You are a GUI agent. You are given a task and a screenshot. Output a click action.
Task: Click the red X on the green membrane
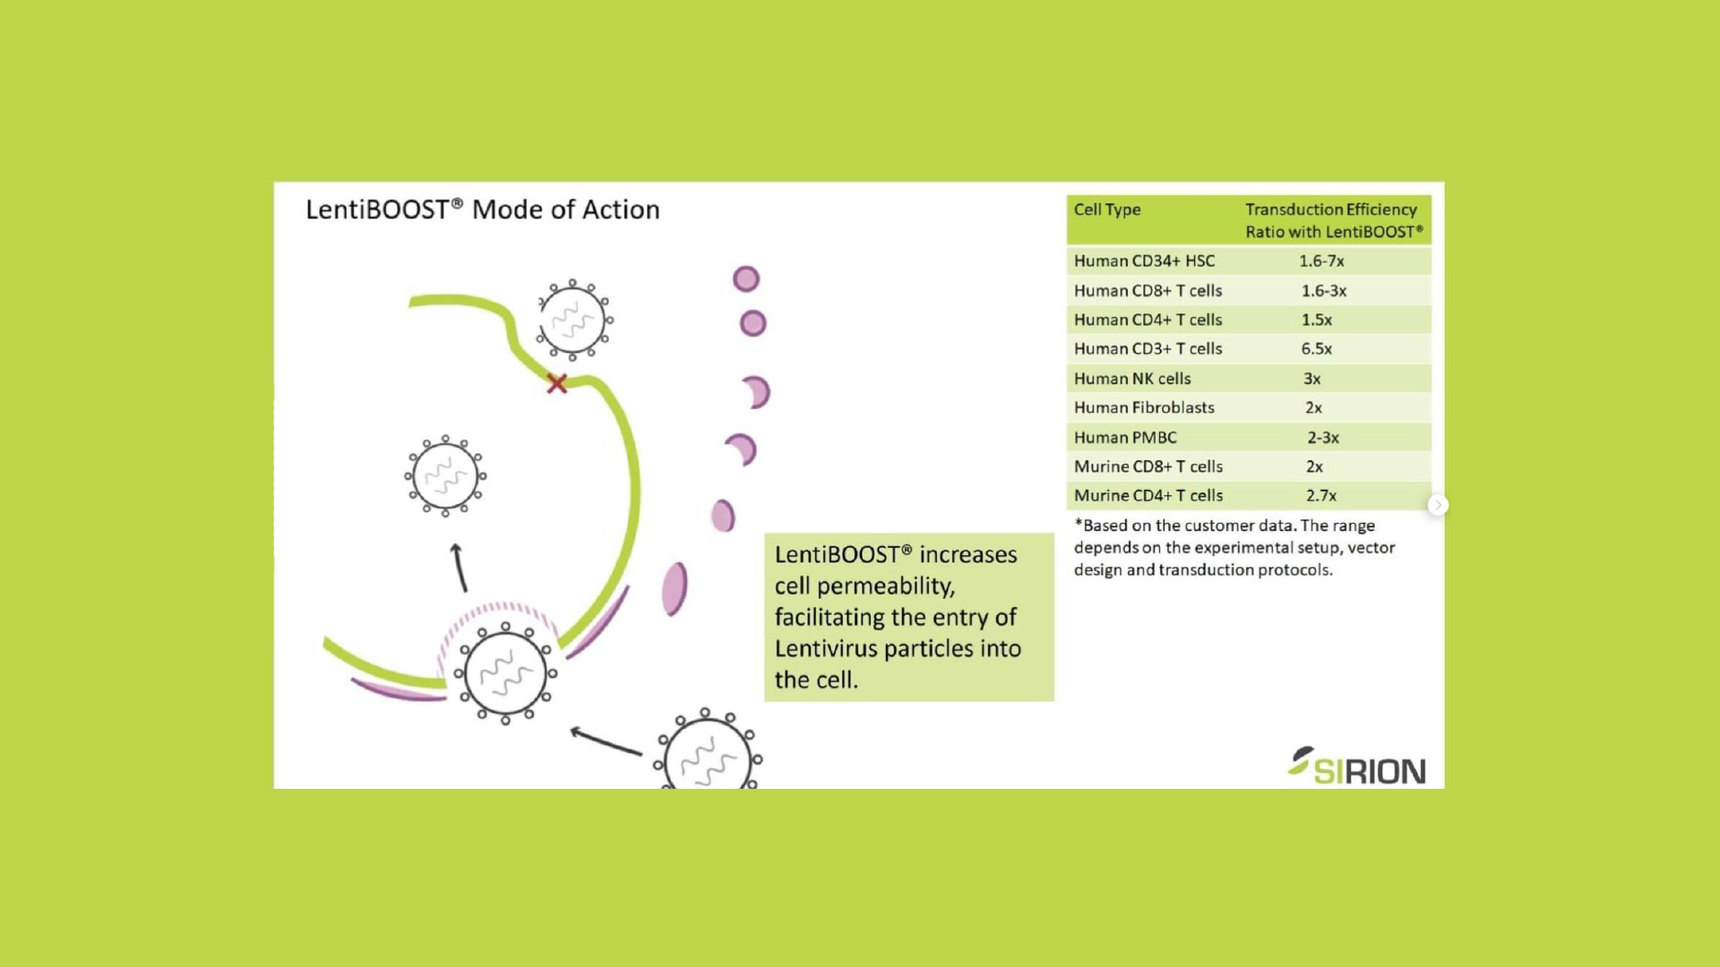tap(557, 384)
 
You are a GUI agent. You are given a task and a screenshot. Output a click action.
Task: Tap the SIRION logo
tap(1357, 767)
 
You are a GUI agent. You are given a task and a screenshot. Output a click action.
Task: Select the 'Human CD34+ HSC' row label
tap(1144, 261)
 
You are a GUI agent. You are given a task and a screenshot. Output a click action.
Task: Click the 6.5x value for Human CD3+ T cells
tap(1316, 349)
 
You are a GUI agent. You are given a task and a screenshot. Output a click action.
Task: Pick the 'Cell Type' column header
tap(1107, 210)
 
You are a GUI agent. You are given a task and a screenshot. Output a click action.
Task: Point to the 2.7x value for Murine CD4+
tap(1320, 496)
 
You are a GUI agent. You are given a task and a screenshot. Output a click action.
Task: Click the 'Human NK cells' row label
tap(1132, 379)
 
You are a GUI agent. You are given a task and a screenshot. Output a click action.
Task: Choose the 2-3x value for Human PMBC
tap(1322, 438)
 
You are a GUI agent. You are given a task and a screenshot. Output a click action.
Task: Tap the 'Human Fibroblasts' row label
tap(1144, 408)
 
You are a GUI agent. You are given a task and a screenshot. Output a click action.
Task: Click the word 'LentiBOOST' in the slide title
tap(377, 210)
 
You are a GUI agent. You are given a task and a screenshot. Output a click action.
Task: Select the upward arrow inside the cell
tap(459, 567)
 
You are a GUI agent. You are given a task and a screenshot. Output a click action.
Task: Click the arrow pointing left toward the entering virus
tap(606, 741)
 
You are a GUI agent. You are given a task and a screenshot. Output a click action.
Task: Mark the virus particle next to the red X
tap(573, 320)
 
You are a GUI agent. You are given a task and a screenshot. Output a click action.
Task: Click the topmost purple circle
tap(746, 279)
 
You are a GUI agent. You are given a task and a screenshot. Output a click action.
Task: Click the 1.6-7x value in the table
tap(1321, 261)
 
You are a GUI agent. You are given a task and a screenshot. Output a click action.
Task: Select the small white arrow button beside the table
tap(1438, 506)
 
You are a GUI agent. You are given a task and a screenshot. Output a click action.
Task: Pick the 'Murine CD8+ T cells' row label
tap(1148, 466)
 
